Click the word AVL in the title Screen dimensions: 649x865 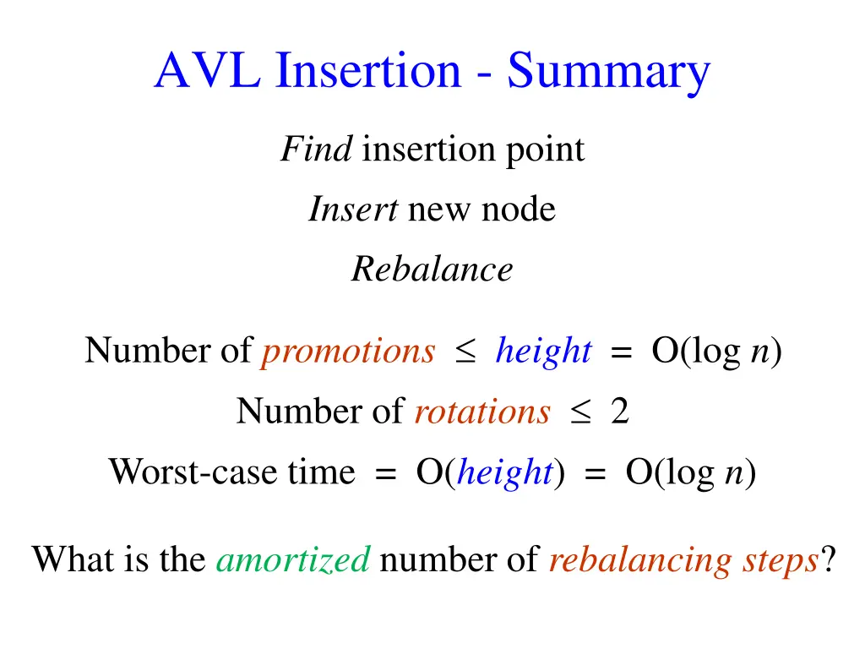coord(209,71)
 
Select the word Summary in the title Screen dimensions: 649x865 coord(608,73)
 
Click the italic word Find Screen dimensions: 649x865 coord(317,150)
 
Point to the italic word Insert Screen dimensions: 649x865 coord(353,210)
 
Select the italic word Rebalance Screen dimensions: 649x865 coord(432,270)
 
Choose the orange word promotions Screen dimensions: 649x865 coord(348,352)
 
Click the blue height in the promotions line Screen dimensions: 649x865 coord(543,351)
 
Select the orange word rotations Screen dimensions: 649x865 coord(481,412)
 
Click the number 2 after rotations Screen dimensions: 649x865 coord(620,412)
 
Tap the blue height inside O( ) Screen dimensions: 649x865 coord(504,472)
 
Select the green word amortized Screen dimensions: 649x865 coord(293,559)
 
